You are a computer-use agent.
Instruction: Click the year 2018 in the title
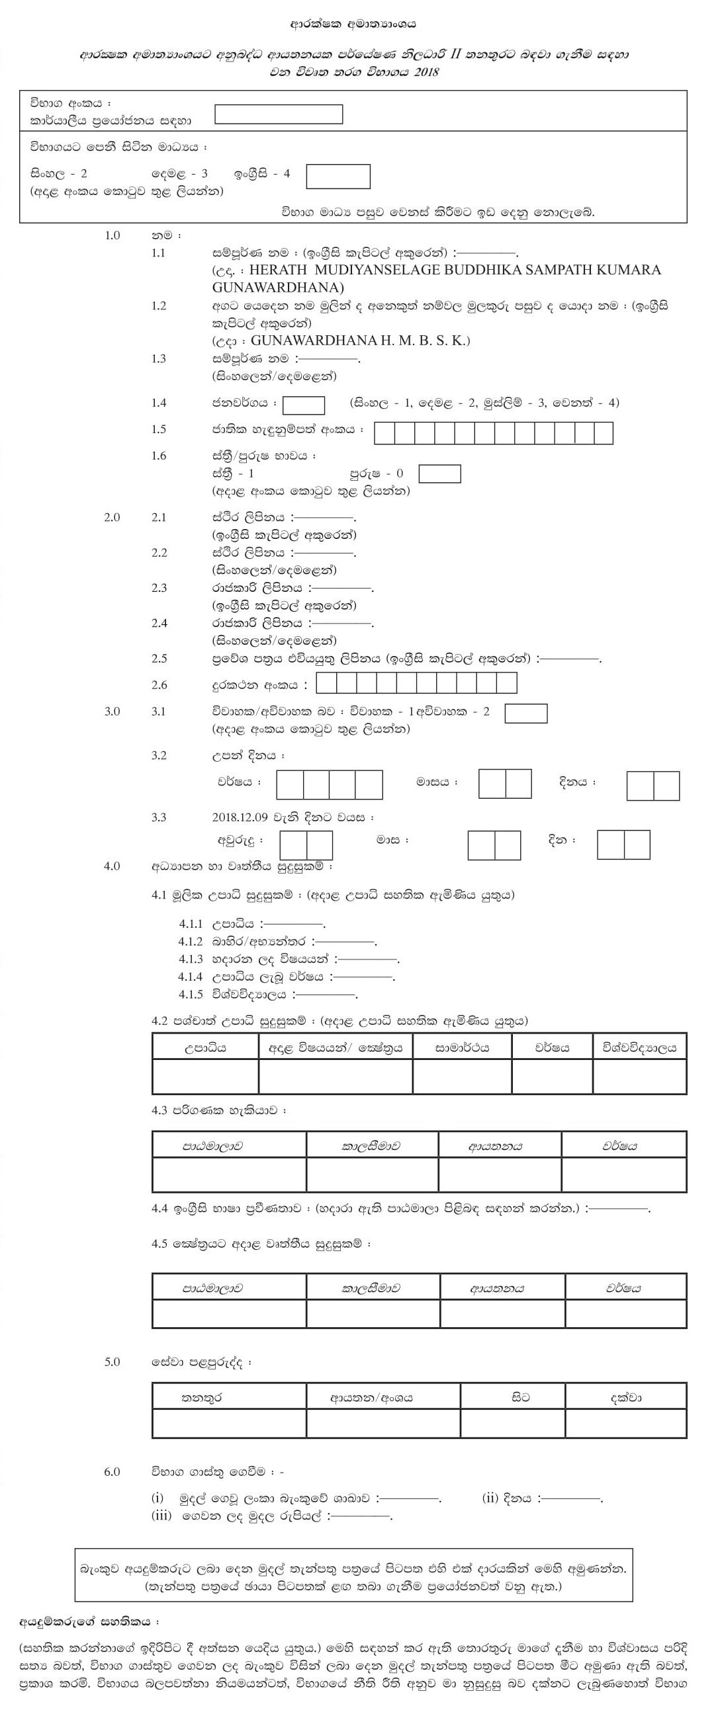(426, 73)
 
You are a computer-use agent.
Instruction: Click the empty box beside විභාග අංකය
(279, 114)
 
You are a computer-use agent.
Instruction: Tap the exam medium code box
(337, 176)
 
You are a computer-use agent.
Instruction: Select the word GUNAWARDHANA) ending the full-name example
(278, 287)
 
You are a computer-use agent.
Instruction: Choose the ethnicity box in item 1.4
(304, 405)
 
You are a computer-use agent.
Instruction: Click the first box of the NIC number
(384, 433)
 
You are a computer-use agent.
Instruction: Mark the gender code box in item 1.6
(439, 474)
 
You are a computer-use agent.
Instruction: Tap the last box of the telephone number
(507, 683)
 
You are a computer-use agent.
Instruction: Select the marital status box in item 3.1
(526, 712)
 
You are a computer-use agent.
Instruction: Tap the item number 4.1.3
(190, 959)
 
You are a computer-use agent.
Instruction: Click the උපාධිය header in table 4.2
(204, 1047)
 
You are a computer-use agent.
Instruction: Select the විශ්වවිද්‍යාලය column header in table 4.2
(639, 1047)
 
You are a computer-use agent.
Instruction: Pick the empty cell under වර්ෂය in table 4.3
(623, 1174)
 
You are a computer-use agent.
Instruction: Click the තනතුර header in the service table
(201, 1398)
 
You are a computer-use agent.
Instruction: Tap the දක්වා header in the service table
(625, 1398)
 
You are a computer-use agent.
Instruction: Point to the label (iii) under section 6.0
(161, 1516)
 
